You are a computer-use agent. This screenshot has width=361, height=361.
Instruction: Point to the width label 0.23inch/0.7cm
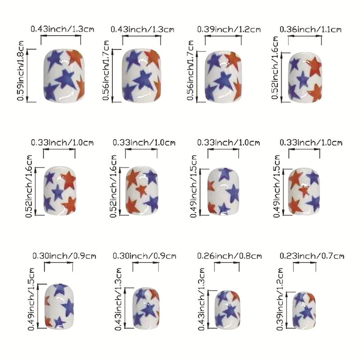tap(312, 255)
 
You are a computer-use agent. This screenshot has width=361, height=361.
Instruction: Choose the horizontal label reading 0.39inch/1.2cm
tap(229, 29)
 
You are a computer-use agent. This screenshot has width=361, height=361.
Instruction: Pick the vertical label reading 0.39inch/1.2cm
tap(282, 298)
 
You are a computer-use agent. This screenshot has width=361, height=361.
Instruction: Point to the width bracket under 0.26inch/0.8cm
tap(227, 266)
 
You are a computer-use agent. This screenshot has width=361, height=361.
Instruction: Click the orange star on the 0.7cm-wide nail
tap(310, 297)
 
